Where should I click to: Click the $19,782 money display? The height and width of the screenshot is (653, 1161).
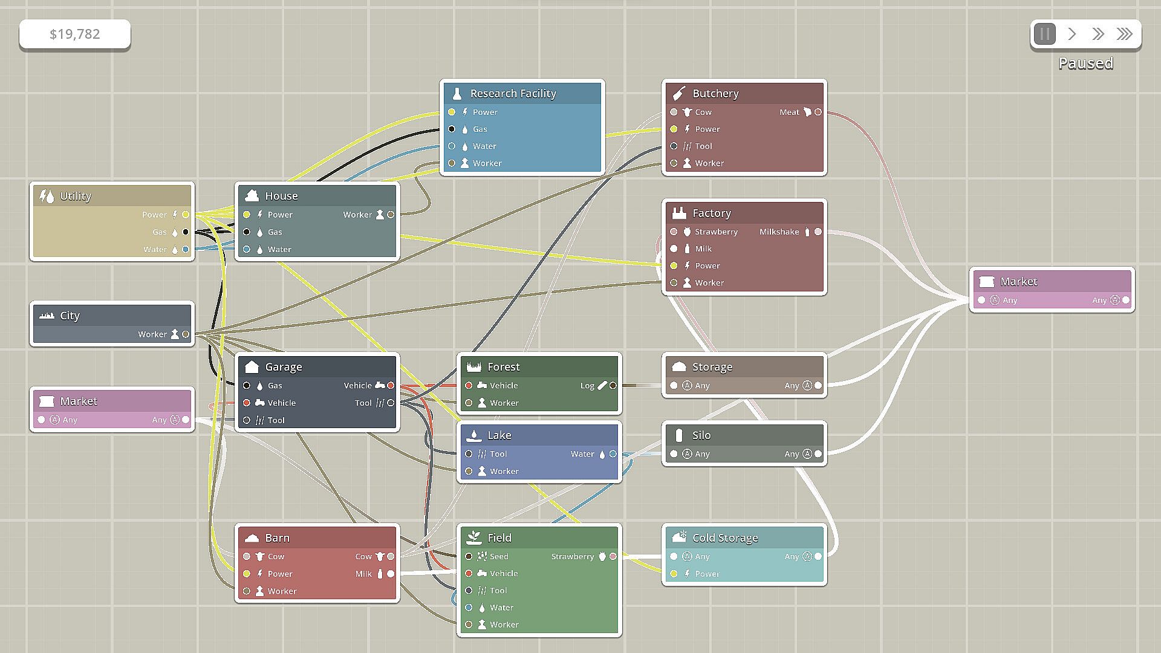pos(74,34)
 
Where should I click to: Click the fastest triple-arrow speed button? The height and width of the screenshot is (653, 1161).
pos(1124,34)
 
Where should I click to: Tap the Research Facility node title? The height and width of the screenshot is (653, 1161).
pos(513,94)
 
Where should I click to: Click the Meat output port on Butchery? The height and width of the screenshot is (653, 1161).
pos(818,112)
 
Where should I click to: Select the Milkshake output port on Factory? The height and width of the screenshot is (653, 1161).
pos(818,232)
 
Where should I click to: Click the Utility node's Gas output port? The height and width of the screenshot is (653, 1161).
pos(186,232)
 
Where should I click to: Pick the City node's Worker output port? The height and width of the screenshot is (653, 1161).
pos(186,334)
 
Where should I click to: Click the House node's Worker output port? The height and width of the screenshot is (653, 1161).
pos(391,215)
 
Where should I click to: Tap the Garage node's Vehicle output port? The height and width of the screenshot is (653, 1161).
pos(391,385)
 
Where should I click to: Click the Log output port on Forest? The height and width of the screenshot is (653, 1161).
pos(613,385)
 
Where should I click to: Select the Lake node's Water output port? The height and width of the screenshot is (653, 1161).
pos(613,453)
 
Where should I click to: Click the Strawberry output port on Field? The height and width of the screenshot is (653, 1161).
pos(613,556)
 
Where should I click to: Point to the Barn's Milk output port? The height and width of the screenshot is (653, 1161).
pos(391,574)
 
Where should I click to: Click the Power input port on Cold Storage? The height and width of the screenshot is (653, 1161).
pos(674,574)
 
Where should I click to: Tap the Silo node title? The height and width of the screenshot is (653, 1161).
pos(701,435)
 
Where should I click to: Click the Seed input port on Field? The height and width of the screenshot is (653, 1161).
pos(469,556)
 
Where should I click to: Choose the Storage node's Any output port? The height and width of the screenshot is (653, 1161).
pos(818,385)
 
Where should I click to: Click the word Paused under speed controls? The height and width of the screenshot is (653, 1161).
pos(1085,63)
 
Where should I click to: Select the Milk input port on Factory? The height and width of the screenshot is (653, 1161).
pos(674,249)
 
